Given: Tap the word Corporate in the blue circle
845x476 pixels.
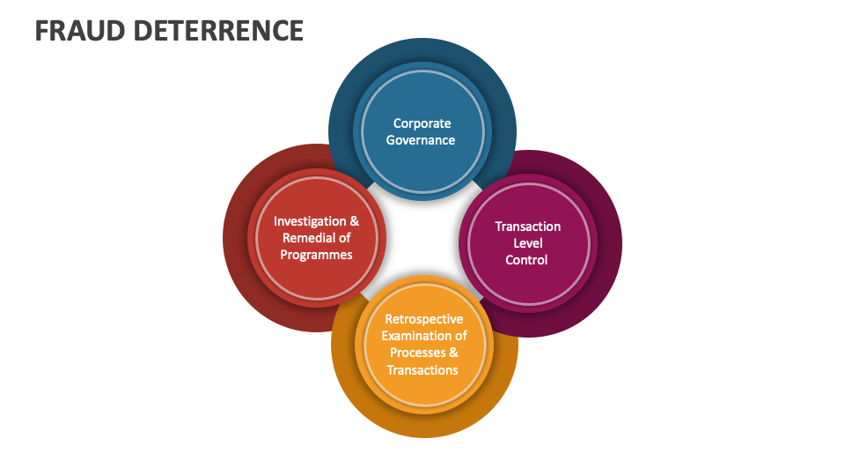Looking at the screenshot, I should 422,123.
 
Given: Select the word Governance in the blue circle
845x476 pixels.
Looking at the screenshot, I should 421,140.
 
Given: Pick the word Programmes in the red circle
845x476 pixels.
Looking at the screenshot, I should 316,255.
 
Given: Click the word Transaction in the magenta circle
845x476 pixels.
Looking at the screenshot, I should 527,227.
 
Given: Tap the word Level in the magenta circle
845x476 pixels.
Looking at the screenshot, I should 527,243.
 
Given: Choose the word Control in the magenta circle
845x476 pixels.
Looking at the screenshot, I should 526,260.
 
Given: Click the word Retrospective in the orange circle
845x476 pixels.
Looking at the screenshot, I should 423,318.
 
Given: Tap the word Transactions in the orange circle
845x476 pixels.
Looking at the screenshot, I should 423,370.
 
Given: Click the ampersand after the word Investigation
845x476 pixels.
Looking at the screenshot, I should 354,221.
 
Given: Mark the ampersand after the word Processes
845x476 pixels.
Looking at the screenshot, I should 453,353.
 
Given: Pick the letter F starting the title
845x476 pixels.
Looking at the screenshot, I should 41,30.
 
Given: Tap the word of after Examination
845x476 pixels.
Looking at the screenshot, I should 460,336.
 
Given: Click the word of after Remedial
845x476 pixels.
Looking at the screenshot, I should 344,238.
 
